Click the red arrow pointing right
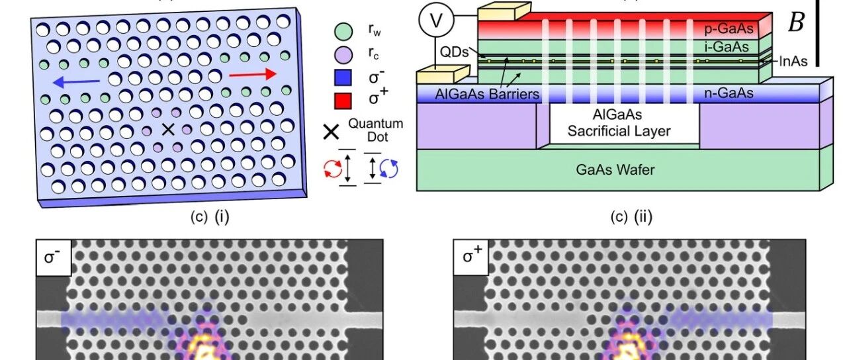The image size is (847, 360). (x=253, y=75)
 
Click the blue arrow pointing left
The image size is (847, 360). (x=76, y=81)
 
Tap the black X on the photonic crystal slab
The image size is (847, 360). (x=168, y=130)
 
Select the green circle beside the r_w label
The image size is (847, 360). (x=343, y=31)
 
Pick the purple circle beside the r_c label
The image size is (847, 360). (x=343, y=54)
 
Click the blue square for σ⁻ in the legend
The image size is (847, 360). (x=343, y=77)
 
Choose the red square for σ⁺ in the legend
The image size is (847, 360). (x=343, y=101)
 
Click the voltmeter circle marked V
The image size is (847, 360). (x=436, y=20)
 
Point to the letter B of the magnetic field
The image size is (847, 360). (x=795, y=23)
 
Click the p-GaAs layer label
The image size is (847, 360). (x=729, y=28)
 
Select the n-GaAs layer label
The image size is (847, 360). (x=729, y=93)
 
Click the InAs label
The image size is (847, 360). (x=793, y=62)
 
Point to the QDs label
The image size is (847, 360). (x=454, y=52)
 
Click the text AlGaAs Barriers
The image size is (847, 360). (x=487, y=94)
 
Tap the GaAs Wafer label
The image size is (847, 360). (x=615, y=169)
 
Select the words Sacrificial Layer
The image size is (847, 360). (x=619, y=131)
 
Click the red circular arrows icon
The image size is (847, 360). (x=333, y=169)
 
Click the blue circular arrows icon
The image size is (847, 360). (x=389, y=169)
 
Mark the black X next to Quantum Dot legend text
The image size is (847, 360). (x=332, y=132)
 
